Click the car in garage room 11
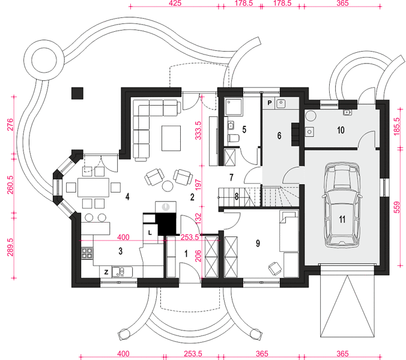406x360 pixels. coord(342,205)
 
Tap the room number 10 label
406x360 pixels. coord(341,130)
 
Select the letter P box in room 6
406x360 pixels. coord(270,103)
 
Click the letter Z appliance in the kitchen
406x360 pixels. coord(106,272)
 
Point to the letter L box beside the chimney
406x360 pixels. coord(150,233)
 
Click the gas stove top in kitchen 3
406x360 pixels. coord(87,253)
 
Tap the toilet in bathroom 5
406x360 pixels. coord(234,138)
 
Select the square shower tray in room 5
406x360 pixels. coord(234,106)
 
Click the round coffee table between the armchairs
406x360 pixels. coord(168,186)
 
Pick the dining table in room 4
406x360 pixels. coord(94,187)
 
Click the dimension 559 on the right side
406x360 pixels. coord(396,208)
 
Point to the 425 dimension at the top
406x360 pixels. coord(175,3)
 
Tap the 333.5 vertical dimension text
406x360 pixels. coord(198,130)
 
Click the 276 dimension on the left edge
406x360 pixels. coord(10,125)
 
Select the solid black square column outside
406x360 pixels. coord(77,93)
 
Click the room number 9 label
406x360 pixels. coord(258,244)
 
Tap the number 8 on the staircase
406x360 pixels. coord(237,197)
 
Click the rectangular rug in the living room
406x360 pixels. coord(171,138)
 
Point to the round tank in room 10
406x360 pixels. coord(311,116)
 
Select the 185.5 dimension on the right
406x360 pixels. coord(396,127)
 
